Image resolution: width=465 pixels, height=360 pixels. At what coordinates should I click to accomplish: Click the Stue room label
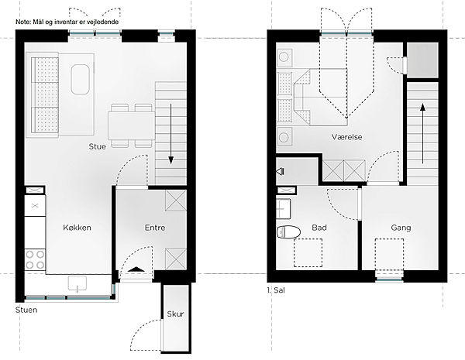click(98, 146)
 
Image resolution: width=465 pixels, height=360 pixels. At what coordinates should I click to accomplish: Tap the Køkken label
click(77, 228)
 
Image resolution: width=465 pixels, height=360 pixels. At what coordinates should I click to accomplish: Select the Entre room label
click(155, 228)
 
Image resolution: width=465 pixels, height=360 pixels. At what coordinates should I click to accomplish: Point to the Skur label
click(175, 314)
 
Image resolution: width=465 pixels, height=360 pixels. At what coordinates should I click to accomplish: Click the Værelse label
click(346, 137)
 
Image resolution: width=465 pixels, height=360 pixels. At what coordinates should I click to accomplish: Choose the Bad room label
click(319, 228)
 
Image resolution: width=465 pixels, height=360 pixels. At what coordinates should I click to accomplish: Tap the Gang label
click(401, 228)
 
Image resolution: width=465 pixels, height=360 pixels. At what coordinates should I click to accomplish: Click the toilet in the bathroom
click(288, 231)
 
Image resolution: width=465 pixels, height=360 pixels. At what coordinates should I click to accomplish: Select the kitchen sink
click(77, 283)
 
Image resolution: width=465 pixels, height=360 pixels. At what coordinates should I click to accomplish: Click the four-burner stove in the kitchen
click(35, 259)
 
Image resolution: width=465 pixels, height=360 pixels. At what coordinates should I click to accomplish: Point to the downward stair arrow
click(170, 134)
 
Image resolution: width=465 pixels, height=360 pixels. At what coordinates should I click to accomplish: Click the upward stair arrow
click(422, 133)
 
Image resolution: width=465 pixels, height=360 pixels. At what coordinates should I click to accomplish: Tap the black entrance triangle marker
click(136, 269)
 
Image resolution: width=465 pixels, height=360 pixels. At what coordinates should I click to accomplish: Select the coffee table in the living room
click(80, 80)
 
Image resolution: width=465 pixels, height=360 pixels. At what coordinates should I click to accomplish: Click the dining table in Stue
click(132, 125)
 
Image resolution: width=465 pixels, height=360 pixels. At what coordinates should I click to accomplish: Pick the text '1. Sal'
click(276, 290)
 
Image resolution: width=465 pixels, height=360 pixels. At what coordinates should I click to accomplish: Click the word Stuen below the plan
click(26, 310)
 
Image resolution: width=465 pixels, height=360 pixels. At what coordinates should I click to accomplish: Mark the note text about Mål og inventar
click(67, 22)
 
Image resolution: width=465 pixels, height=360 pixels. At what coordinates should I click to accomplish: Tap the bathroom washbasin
click(284, 208)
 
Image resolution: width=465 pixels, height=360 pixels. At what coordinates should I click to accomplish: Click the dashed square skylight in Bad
click(308, 252)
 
